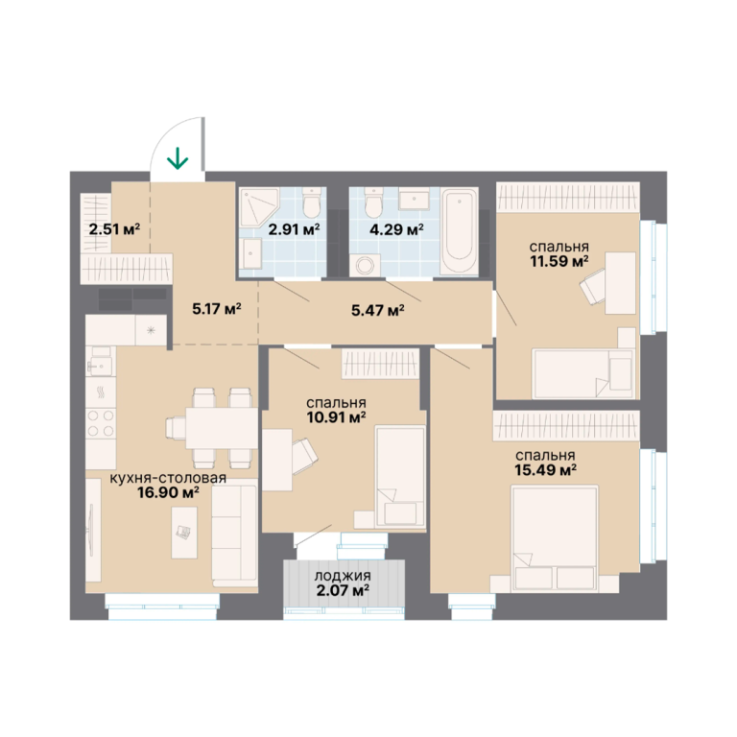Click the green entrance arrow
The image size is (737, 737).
pos(178,158)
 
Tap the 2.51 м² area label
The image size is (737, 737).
pos(114,229)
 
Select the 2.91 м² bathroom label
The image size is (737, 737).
pos(294,229)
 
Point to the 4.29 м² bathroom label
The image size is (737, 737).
pos(397,229)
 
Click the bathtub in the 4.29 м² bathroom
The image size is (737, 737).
pos(460,230)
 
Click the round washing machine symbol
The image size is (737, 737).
pos(366,266)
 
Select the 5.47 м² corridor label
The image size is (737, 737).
pos(378,310)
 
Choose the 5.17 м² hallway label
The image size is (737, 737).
pos(217,309)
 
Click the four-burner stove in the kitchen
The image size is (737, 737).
pos(101,423)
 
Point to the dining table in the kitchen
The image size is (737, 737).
pos(222,428)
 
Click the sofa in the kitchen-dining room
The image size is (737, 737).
pos(234,535)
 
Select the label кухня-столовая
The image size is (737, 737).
pos(168,479)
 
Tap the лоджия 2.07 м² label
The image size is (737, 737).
pos(343,582)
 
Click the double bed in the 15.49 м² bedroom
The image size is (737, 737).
pos(555,538)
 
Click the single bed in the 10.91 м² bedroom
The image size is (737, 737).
pos(400,476)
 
